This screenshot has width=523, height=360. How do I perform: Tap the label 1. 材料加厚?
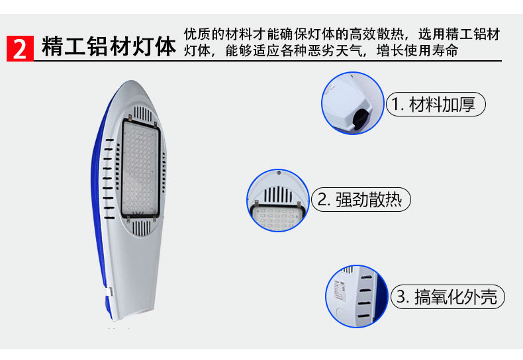pyautogui.click(x=436, y=105)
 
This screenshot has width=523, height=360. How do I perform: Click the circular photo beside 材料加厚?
pyautogui.click(x=353, y=104)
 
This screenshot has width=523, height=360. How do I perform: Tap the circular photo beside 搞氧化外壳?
pyautogui.click(x=356, y=296)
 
